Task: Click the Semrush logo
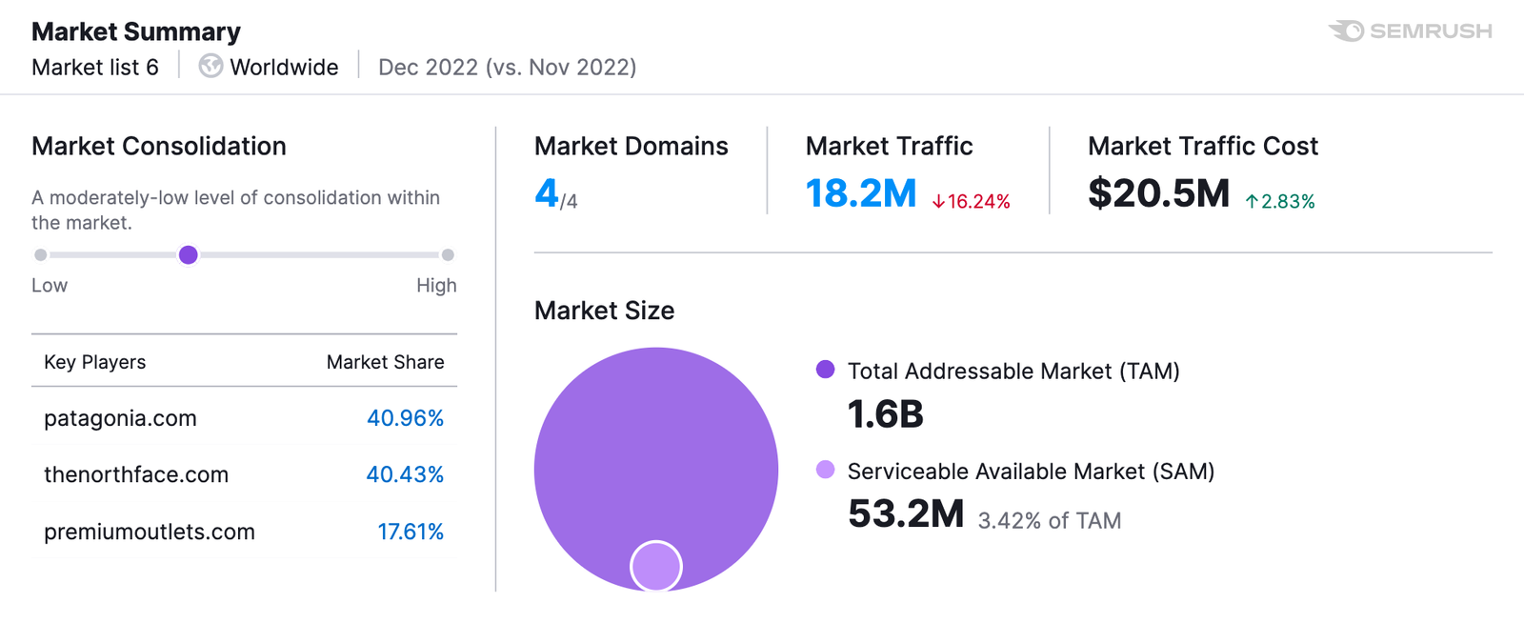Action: (1410, 31)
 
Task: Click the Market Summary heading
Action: (136, 31)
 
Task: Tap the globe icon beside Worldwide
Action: (211, 66)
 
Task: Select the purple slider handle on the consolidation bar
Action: (189, 254)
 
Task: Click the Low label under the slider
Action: (50, 286)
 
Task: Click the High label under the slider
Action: (436, 286)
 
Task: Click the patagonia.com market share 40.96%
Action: (405, 418)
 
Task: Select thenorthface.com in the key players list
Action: (136, 474)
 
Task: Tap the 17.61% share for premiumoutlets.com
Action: (411, 532)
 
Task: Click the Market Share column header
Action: (385, 362)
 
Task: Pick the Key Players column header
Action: (94, 362)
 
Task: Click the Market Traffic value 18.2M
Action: (860, 193)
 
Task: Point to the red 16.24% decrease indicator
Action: (971, 201)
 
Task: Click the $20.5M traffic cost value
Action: (1158, 193)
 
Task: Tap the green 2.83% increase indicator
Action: (1280, 201)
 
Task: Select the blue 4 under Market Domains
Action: (546, 193)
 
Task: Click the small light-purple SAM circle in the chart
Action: (655, 566)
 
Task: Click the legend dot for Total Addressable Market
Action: (825, 370)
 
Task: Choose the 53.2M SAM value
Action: (906, 514)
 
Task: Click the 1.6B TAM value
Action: (885, 414)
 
